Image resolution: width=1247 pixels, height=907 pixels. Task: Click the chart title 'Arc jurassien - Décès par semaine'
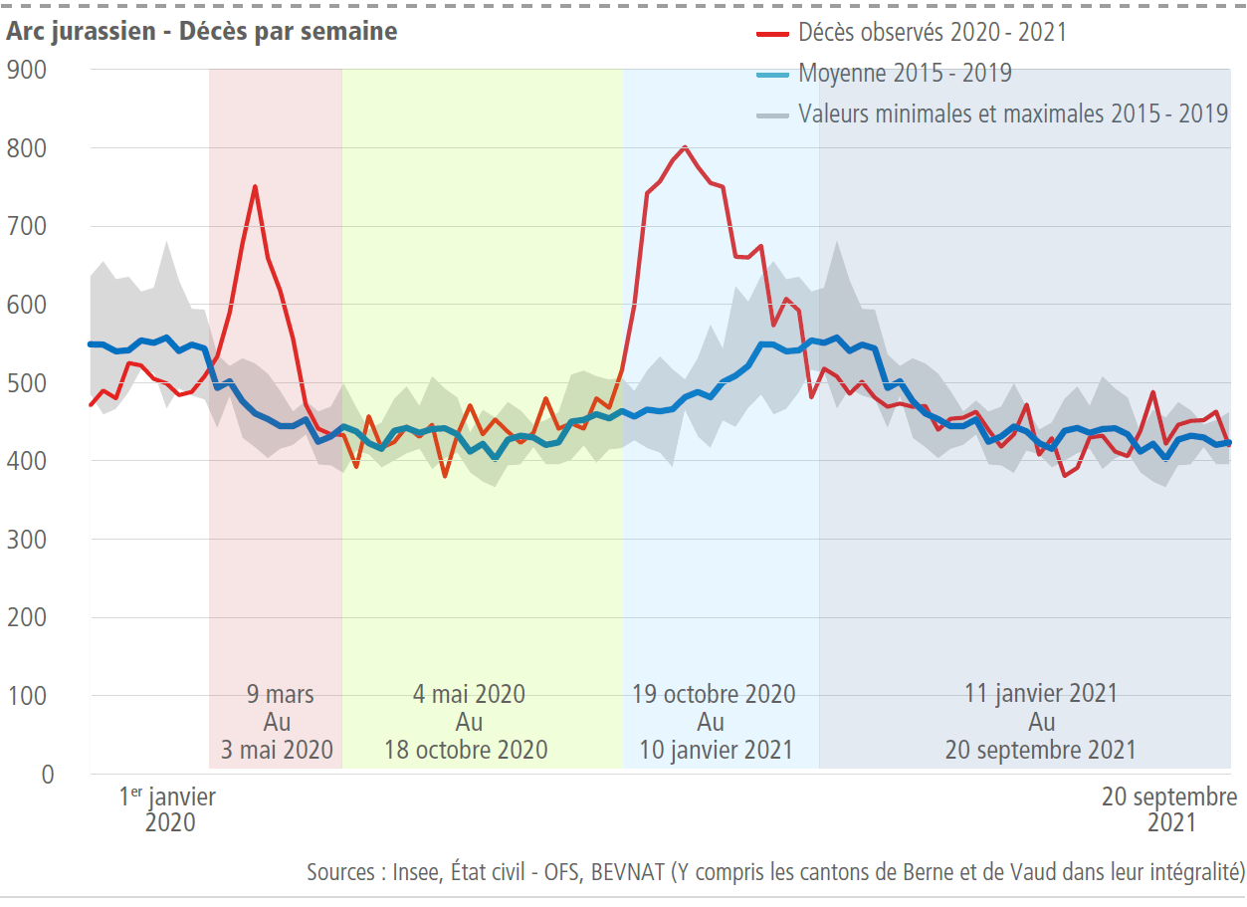pyautogui.click(x=202, y=31)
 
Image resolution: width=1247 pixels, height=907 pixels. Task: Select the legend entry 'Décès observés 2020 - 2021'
pyautogui.click(x=932, y=32)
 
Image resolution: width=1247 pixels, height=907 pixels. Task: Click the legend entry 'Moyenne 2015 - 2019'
pyautogui.click(x=905, y=73)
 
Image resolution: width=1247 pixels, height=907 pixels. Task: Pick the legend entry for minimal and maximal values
pyautogui.click(x=1013, y=113)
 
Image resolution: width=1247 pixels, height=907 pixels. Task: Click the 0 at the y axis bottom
pyautogui.click(x=47, y=774)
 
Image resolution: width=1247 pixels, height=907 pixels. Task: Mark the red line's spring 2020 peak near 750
pyautogui.click(x=255, y=186)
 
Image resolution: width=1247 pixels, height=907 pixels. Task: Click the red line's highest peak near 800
pyautogui.click(x=685, y=147)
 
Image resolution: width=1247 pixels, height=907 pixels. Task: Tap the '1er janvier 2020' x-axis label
pyautogui.click(x=168, y=809)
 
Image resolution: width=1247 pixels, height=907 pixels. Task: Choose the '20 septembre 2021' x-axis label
pyautogui.click(x=1169, y=809)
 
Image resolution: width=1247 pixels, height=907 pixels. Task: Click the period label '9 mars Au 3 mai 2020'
pyautogui.click(x=278, y=721)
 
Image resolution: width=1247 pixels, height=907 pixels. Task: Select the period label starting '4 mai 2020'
pyautogui.click(x=468, y=721)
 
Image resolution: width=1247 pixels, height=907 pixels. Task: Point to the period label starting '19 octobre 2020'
pyautogui.click(x=715, y=721)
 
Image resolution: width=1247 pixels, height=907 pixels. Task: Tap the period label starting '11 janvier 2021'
pyautogui.click(x=1040, y=721)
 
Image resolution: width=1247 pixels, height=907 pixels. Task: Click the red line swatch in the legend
pyautogui.click(x=772, y=33)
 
